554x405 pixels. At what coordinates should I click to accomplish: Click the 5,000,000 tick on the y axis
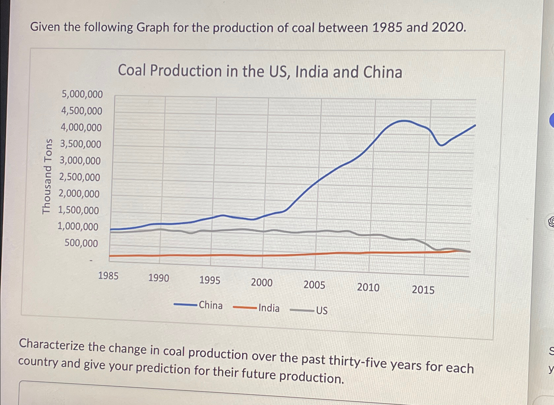[x=82, y=94]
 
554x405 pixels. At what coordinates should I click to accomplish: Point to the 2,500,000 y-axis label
[x=80, y=178]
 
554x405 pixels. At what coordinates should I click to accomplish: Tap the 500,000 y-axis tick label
[x=81, y=243]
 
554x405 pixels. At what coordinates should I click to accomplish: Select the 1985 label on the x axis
[x=108, y=276]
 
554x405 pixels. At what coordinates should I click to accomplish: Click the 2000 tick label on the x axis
[x=262, y=283]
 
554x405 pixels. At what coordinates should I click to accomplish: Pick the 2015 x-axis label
[x=423, y=290]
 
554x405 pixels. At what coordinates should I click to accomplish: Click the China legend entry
[x=211, y=305]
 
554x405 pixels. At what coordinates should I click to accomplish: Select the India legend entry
[x=269, y=308]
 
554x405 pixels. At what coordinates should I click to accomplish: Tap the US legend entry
[x=322, y=311]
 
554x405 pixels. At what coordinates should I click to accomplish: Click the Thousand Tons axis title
[x=47, y=176]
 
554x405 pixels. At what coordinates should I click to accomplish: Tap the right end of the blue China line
[x=475, y=125]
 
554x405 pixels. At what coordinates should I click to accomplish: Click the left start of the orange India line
[x=110, y=256]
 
